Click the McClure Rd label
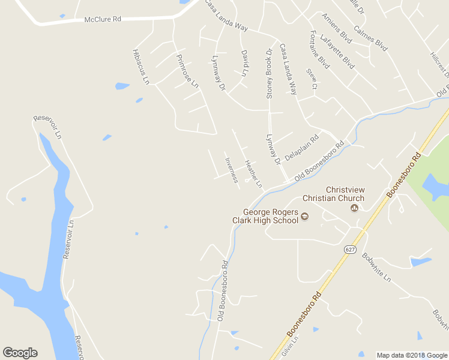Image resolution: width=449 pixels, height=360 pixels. (x=103, y=19)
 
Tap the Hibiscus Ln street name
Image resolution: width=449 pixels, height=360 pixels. (x=139, y=65)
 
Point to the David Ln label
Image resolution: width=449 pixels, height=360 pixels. (x=245, y=63)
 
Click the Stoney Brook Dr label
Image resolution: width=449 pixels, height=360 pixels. (x=270, y=73)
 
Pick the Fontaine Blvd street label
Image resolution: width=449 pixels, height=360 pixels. (x=320, y=49)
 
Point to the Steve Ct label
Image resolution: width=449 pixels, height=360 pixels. (x=312, y=79)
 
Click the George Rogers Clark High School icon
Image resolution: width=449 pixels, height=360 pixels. (x=304, y=217)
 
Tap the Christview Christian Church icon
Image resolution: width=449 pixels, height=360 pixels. (x=354, y=208)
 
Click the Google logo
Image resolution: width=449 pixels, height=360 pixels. (x=20, y=353)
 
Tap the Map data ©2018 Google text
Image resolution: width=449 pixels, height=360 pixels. (x=412, y=355)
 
